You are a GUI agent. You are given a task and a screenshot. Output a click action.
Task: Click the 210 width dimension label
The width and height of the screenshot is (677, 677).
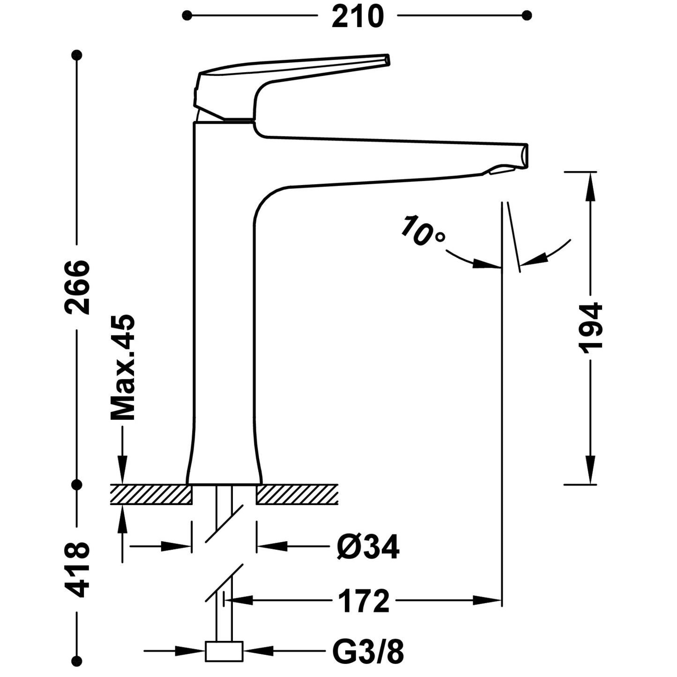click(357, 17)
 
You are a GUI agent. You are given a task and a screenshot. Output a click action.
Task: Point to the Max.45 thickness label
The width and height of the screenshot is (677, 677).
click(123, 368)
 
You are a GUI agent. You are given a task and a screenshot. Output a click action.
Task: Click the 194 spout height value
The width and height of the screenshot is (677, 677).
click(590, 328)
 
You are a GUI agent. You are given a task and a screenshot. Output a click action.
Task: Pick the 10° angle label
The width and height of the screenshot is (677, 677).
click(422, 231)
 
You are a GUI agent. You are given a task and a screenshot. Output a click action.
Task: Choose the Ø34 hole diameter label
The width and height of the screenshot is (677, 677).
click(368, 547)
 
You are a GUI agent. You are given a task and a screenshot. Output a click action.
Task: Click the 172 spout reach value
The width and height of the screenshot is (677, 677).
click(364, 601)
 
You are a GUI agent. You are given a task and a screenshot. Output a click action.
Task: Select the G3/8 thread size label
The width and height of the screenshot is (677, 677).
click(368, 651)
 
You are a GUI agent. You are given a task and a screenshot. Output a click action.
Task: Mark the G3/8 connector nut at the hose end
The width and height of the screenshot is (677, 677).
click(224, 651)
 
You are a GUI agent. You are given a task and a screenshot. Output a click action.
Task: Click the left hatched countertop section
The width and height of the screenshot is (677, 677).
click(151, 495)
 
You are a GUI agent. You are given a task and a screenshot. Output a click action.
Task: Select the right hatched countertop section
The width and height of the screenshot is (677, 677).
click(297, 495)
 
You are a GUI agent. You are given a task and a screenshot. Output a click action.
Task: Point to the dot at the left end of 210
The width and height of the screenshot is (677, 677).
click(187, 15)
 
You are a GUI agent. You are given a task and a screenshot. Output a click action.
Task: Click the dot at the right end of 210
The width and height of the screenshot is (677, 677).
click(527, 15)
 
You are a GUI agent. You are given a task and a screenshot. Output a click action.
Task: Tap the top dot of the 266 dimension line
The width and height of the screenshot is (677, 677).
click(77, 55)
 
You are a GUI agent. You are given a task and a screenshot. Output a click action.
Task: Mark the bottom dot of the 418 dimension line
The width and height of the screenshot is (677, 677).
click(77, 659)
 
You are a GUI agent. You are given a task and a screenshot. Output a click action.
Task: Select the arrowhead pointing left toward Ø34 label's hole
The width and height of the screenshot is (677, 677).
click(272, 546)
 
